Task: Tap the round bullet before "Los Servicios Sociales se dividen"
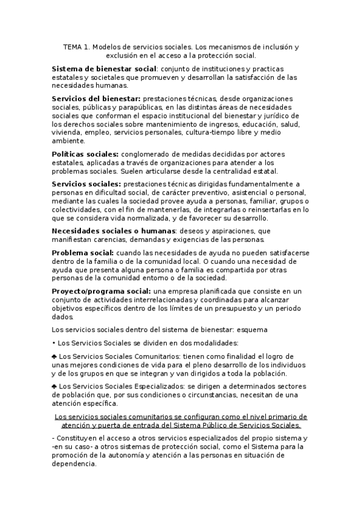click(54, 343)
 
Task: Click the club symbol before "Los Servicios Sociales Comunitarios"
click(54, 356)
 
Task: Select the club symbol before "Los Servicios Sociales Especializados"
click(54, 386)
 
